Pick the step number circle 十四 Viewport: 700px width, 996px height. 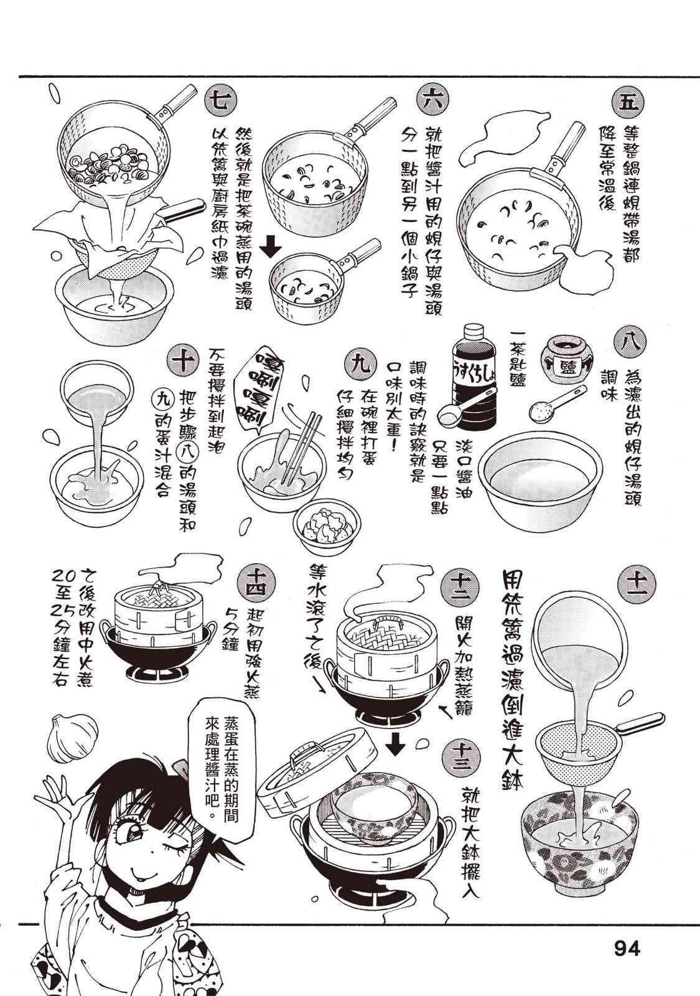click(x=258, y=581)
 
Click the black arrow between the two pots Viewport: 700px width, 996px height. click(x=271, y=247)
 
